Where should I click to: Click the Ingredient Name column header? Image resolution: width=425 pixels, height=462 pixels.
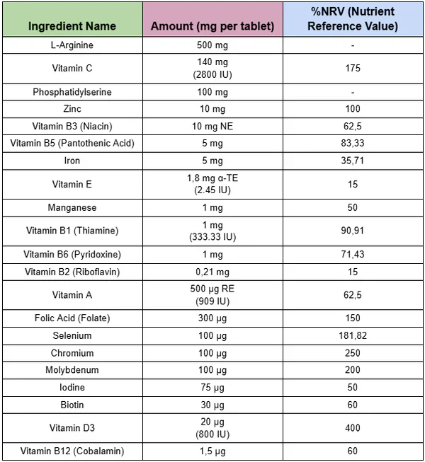click(72, 27)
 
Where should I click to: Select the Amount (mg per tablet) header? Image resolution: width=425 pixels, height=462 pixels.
click(212, 27)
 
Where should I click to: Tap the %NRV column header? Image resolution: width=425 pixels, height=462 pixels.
click(352, 19)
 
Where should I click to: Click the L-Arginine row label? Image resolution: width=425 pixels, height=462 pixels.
click(72, 45)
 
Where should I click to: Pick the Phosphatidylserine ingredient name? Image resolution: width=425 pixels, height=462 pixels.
click(72, 92)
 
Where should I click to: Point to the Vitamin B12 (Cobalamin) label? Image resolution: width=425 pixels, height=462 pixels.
click(72, 451)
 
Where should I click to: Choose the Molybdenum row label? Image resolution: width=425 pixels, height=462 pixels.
click(72, 370)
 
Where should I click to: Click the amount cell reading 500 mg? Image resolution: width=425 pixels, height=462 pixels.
click(212, 45)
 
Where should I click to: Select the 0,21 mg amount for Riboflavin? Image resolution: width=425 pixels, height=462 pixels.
click(212, 272)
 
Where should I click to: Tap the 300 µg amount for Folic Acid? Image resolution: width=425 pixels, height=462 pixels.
click(212, 318)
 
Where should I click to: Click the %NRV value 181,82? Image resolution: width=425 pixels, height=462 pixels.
click(352, 335)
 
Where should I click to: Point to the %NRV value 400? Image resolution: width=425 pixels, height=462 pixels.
click(352, 428)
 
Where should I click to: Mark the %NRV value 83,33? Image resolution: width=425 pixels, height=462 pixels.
click(352, 144)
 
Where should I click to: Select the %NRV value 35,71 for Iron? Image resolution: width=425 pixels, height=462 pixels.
click(352, 161)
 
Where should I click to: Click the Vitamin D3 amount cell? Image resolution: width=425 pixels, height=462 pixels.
click(212, 428)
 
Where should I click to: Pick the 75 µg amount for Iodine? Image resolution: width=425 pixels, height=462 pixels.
click(212, 388)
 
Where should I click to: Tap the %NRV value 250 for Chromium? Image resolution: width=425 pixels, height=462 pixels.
click(352, 353)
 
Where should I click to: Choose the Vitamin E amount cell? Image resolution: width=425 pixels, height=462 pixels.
click(212, 184)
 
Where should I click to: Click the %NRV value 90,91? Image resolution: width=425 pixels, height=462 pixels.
click(352, 231)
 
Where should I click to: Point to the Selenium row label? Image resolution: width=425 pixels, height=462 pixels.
click(72, 335)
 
